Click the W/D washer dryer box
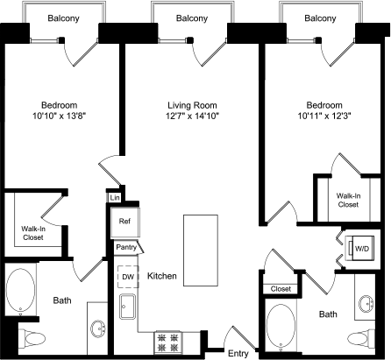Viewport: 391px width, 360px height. [360, 250]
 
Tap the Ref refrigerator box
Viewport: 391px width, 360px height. [125, 222]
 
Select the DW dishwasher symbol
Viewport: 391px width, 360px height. [129, 277]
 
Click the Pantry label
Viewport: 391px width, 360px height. [126, 248]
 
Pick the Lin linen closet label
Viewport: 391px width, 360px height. [114, 199]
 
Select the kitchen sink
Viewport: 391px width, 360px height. [129, 308]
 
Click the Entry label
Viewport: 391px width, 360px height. [238, 353]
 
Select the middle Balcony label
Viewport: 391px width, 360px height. [191, 18]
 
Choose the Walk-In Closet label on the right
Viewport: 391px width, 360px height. [348, 200]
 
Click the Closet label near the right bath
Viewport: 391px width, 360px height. [281, 288]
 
